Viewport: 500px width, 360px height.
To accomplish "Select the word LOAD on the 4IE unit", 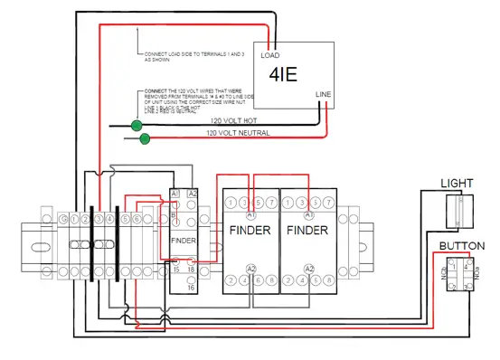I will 269,55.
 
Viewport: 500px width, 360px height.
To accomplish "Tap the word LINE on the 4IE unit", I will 323,94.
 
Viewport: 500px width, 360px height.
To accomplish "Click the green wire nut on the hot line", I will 137,125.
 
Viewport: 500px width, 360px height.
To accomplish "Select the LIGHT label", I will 457,184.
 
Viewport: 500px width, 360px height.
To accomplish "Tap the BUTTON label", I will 456,246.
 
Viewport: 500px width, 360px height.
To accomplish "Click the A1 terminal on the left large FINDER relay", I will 250,216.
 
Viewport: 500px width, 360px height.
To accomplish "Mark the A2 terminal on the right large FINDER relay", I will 309,269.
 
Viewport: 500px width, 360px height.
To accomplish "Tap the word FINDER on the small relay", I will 184,241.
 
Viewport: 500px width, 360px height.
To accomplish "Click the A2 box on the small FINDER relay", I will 191,194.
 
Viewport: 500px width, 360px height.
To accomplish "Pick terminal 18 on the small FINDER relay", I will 191,269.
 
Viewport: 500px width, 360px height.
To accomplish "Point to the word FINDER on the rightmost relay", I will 308,231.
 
